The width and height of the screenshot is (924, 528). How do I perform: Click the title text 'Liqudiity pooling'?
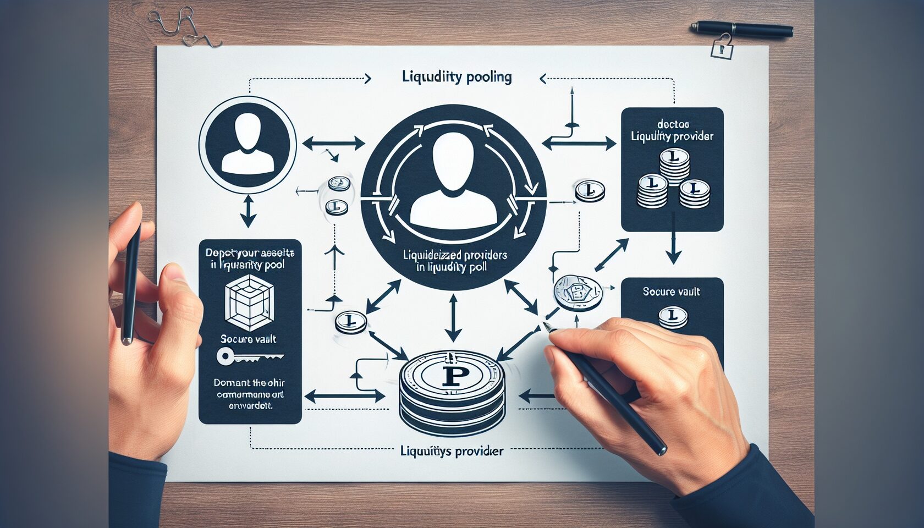(x=457, y=77)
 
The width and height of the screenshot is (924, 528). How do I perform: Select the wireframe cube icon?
(x=249, y=303)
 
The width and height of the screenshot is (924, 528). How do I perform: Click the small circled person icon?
(x=248, y=144)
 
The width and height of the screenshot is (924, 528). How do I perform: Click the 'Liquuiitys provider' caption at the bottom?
(x=452, y=452)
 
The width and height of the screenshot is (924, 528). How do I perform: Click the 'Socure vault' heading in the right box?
(x=671, y=291)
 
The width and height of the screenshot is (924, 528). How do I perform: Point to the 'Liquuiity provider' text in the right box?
(x=672, y=136)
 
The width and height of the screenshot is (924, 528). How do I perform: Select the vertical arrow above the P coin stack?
(x=453, y=318)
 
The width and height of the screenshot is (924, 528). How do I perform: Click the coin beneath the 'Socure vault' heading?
(x=673, y=317)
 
